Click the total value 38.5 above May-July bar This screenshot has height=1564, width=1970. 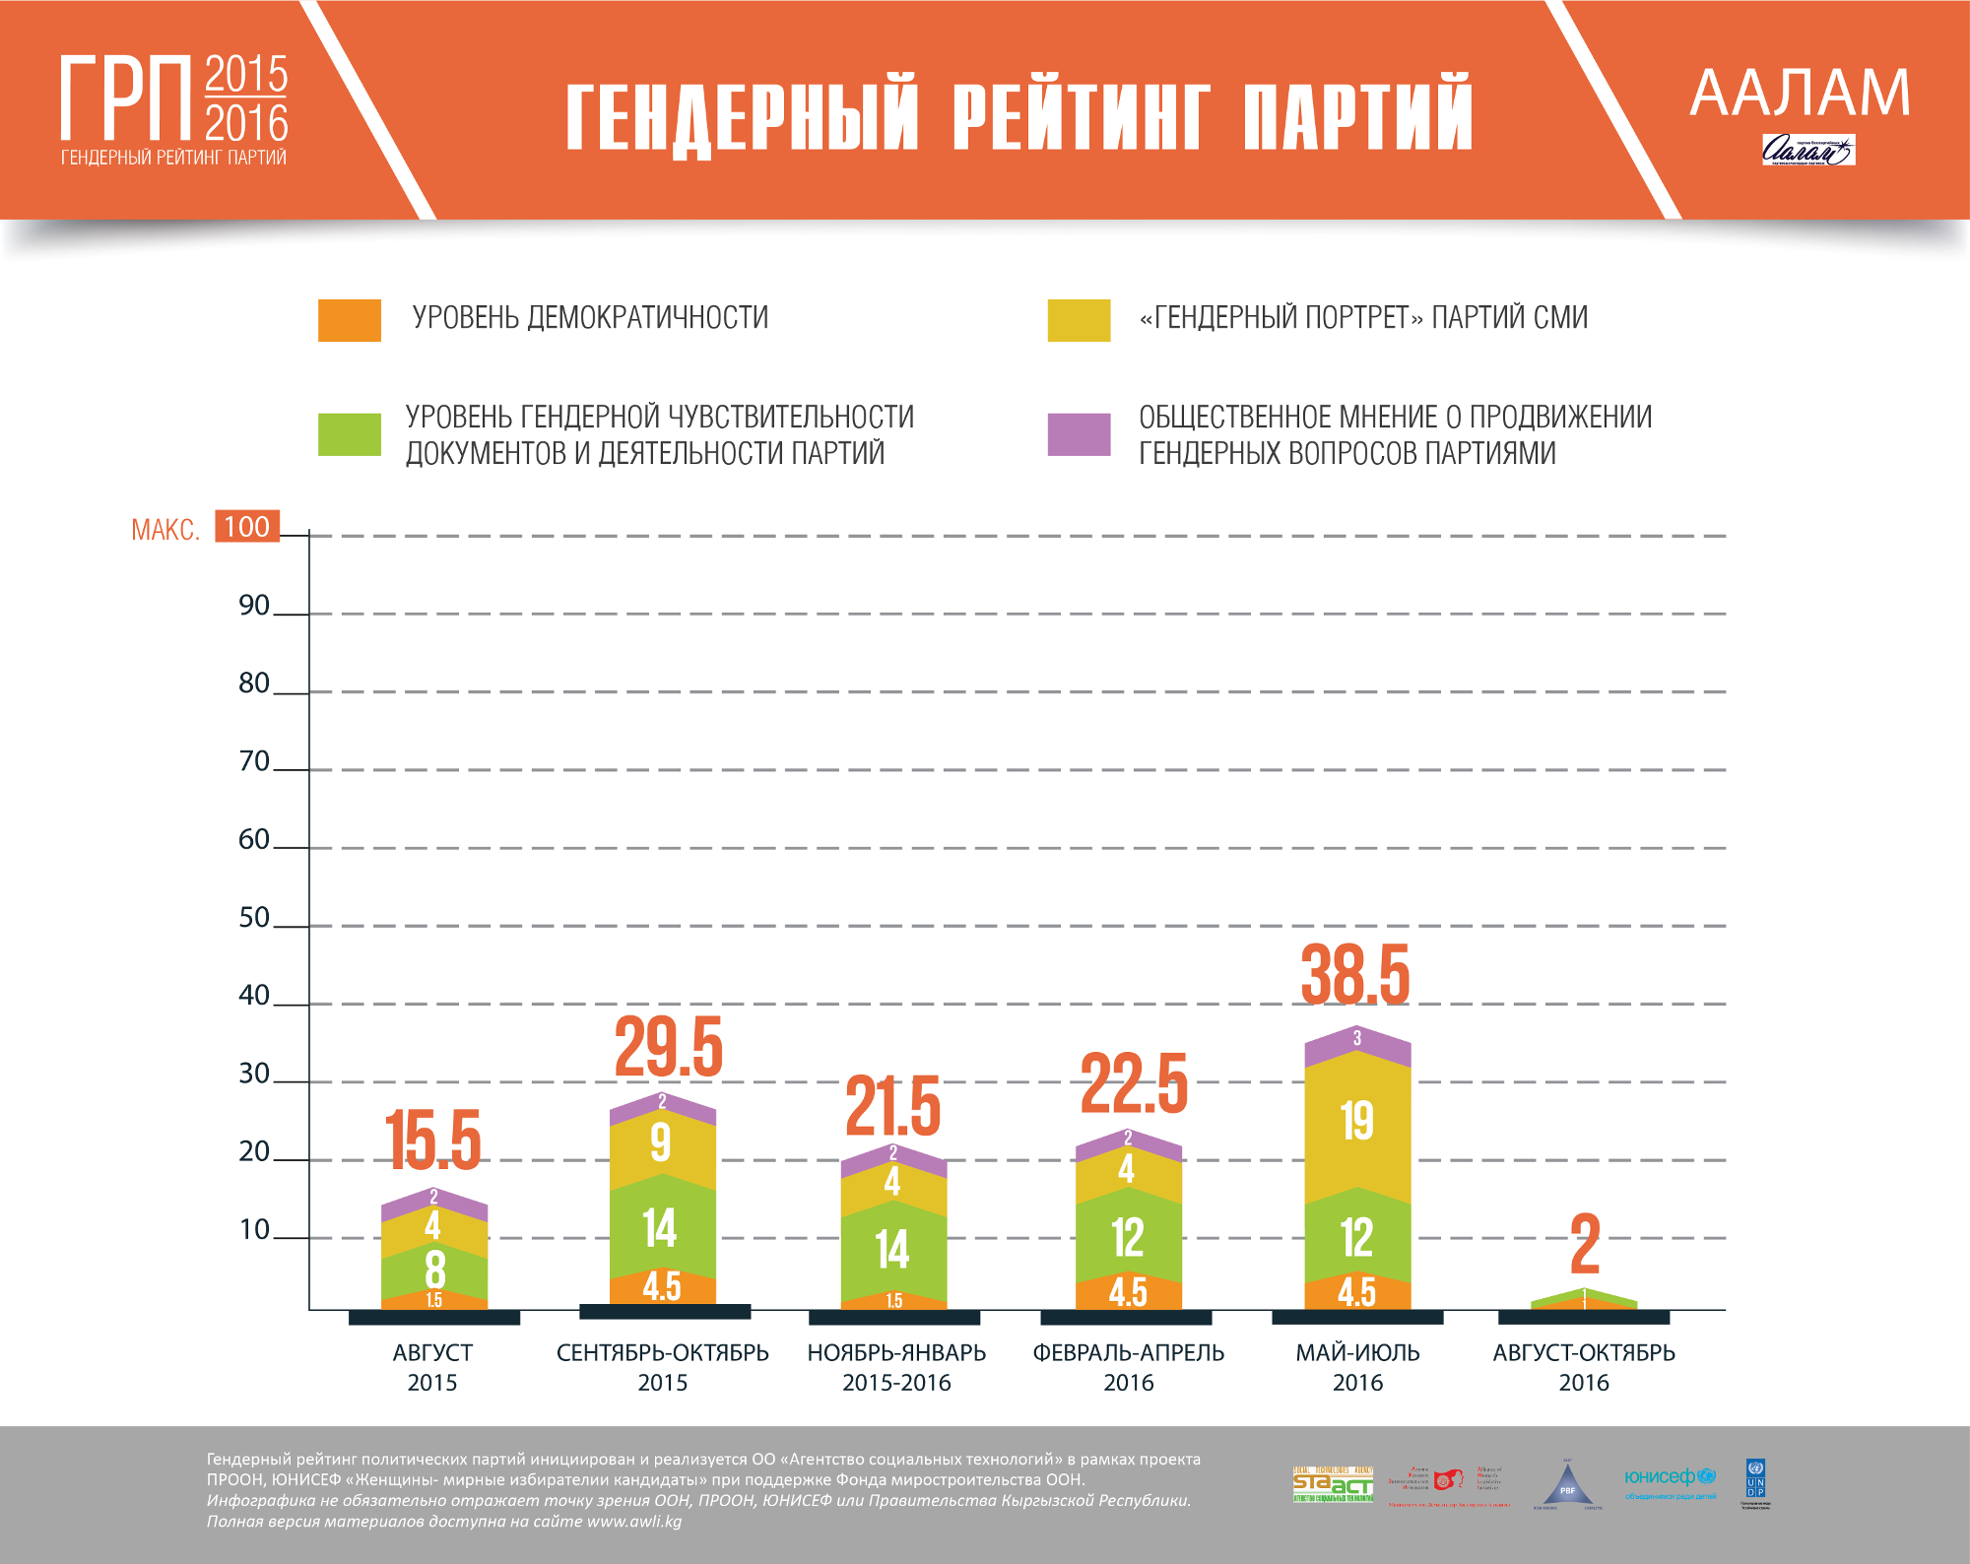(1355, 975)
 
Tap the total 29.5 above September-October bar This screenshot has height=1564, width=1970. (669, 1047)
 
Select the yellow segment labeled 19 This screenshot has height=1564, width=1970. (1357, 1121)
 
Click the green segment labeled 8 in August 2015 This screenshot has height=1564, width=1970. (434, 1269)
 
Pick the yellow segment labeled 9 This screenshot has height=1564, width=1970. (662, 1142)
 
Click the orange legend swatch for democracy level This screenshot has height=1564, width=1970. (349, 320)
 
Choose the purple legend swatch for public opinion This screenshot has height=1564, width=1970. (1079, 434)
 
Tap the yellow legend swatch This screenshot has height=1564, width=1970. (1079, 320)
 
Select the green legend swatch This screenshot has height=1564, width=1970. (349, 434)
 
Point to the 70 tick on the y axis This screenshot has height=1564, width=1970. (254, 761)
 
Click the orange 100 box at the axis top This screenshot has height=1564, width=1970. (246, 527)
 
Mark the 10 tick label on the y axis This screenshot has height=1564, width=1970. (254, 1230)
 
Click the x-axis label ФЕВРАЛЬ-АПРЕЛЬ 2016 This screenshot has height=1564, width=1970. (1128, 1367)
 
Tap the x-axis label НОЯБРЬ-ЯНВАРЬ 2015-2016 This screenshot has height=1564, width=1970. (896, 1367)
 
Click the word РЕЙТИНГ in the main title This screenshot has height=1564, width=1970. (1081, 115)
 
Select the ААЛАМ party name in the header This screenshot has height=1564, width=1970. (1800, 94)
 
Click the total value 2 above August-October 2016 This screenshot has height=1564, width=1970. (1585, 1244)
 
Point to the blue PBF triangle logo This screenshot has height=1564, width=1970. (1567, 1485)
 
